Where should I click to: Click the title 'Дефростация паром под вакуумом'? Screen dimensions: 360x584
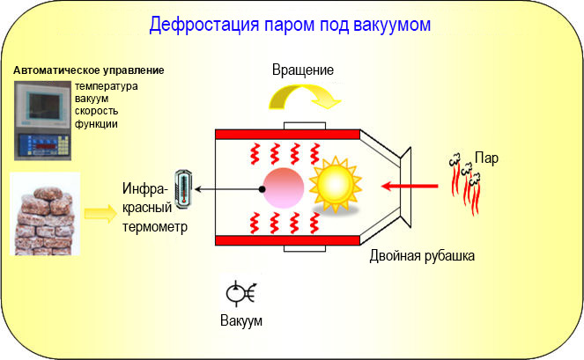click(x=290, y=24)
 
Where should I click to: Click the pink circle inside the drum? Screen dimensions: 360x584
click(x=281, y=187)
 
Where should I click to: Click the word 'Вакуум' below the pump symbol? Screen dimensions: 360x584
click(x=240, y=319)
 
